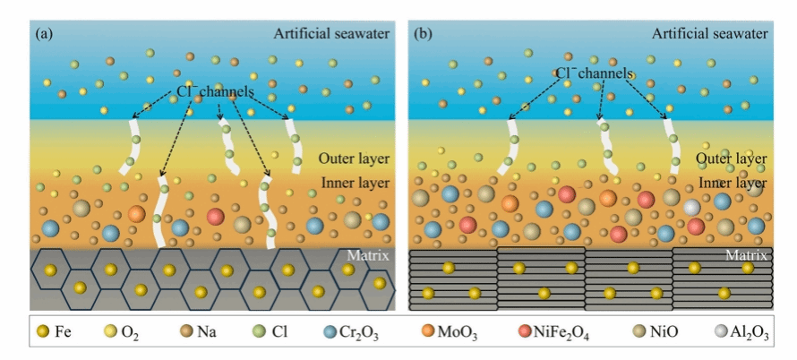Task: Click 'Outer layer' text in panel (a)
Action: [x=355, y=159]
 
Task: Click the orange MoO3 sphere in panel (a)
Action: [x=136, y=214]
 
